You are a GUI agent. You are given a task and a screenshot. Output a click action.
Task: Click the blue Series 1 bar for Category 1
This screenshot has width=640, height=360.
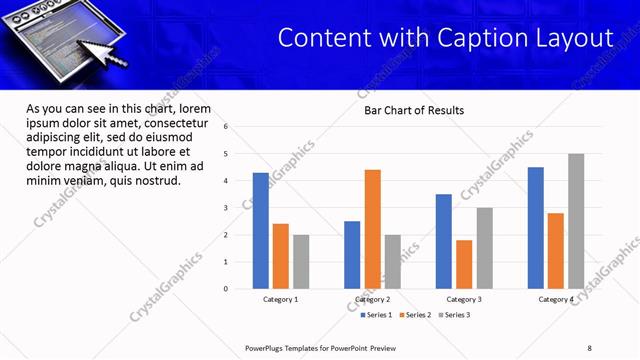click(x=261, y=231)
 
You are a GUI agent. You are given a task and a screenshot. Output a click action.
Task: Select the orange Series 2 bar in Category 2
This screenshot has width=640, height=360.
click(x=373, y=229)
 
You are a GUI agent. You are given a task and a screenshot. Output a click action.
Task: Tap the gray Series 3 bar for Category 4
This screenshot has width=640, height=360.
click(x=576, y=221)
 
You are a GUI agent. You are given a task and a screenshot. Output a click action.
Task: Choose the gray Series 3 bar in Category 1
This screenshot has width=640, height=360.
click(x=301, y=262)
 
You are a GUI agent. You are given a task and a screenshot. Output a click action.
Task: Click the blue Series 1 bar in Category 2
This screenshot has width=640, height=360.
click(x=352, y=255)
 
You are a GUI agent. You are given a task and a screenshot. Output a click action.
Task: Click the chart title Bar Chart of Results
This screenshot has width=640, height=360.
click(x=413, y=110)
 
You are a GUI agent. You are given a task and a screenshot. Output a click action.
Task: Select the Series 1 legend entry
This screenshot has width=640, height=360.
click(x=375, y=315)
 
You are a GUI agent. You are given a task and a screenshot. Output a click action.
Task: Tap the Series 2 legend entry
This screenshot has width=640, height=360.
click(x=415, y=315)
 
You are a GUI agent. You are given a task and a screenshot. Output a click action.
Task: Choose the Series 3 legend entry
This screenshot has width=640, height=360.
click(x=455, y=315)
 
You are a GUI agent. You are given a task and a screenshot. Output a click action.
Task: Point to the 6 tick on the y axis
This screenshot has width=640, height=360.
click(x=227, y=127)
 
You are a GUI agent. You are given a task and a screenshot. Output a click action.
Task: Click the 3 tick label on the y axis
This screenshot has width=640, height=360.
click(x=227, y=208)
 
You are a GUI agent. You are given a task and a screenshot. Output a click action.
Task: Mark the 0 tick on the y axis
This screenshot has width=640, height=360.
click(x=227, y=289)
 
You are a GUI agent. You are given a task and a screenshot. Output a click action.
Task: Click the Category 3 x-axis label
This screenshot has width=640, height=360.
click(x=464, y=299)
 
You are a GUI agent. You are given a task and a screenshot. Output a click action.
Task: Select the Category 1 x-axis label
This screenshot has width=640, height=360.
click(x=281, y=299)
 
